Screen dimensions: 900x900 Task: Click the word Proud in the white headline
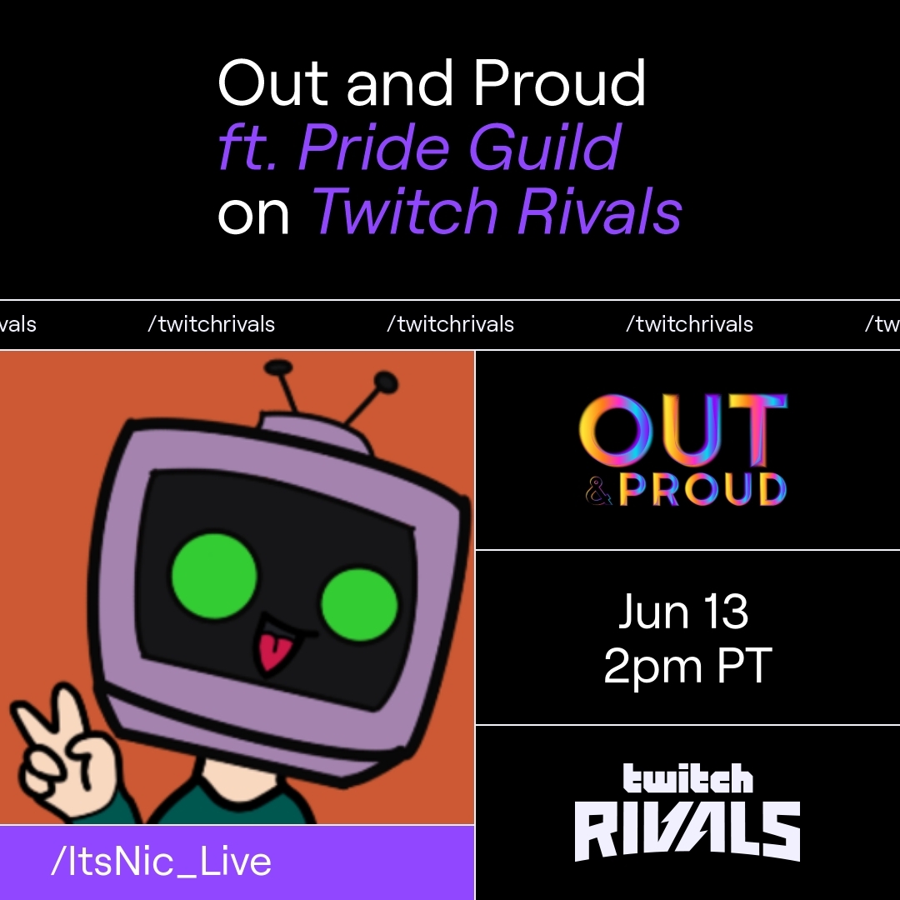559,83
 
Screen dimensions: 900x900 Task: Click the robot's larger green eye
214,573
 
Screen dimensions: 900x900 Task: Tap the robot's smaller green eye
359,603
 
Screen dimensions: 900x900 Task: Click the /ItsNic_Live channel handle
161,862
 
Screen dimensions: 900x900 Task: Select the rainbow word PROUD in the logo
702,490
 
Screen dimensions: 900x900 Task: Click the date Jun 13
683,612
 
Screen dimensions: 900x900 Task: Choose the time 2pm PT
687,667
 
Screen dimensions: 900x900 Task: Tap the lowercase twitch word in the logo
687,778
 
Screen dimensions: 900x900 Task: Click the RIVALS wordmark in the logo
687,831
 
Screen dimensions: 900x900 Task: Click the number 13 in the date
725,612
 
